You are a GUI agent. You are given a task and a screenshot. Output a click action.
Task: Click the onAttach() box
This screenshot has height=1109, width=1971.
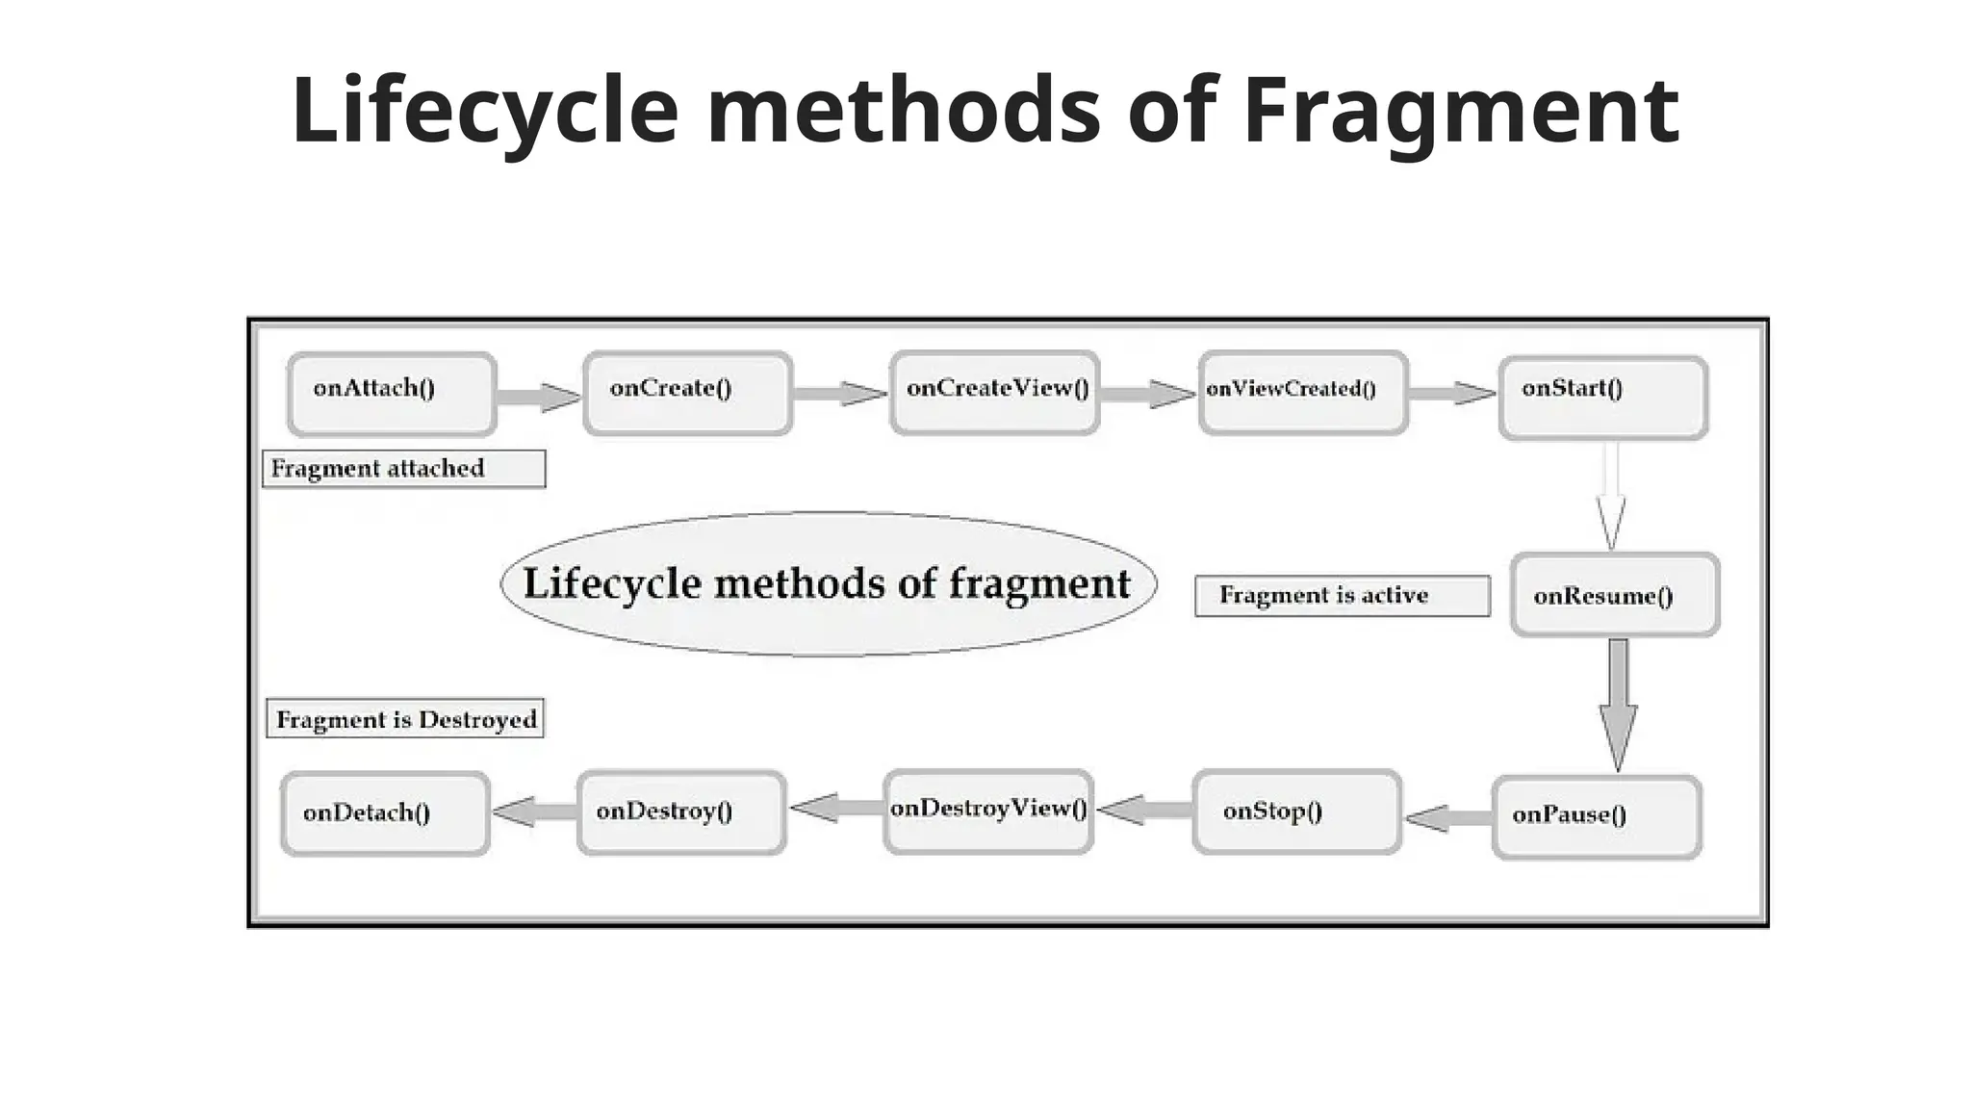pos(392,394)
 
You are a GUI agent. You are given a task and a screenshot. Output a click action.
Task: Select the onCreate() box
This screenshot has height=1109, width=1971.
pos(687,393)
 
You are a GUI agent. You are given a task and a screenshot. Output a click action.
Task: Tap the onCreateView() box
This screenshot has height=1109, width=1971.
pos(994,392)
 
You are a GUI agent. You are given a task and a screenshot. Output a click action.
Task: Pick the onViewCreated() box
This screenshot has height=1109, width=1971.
pos(1303,392)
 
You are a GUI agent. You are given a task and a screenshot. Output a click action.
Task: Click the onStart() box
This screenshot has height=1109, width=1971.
pos(1602,398)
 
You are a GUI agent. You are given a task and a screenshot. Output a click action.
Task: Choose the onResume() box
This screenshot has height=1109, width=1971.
pos(1614,594)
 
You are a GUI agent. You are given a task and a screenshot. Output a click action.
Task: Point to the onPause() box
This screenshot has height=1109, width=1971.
pos(1597,816)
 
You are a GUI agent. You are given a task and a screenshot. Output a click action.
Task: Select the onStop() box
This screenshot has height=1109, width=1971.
pos(1296,812)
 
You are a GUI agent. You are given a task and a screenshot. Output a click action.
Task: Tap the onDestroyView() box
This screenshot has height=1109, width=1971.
pos(987,811)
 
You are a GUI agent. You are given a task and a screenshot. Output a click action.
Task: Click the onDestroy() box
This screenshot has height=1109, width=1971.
pos(681,812)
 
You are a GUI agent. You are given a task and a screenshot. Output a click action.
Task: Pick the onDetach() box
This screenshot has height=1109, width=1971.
pos(385,813)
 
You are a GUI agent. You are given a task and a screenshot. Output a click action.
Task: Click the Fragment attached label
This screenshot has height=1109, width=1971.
pos(403,469)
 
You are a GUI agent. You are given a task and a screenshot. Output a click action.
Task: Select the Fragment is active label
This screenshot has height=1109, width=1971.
pos(1342,596)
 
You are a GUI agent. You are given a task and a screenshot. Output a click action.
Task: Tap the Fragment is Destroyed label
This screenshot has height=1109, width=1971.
pos(405,719)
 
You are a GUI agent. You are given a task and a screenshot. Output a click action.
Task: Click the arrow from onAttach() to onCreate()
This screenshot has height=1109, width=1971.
pos(539,397)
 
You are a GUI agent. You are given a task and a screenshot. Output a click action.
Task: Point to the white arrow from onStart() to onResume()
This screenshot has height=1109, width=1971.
pos(1610,496)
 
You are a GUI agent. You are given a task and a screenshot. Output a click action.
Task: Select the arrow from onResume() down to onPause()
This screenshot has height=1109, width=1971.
pos(1618,703)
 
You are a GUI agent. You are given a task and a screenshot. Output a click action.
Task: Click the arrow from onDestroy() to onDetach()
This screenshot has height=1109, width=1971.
pos(534,812)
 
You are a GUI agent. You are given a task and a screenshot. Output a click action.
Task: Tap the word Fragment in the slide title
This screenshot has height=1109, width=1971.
pos(1460,111)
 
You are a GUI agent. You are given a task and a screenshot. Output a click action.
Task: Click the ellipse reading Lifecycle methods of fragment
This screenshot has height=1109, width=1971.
pos(828,584)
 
